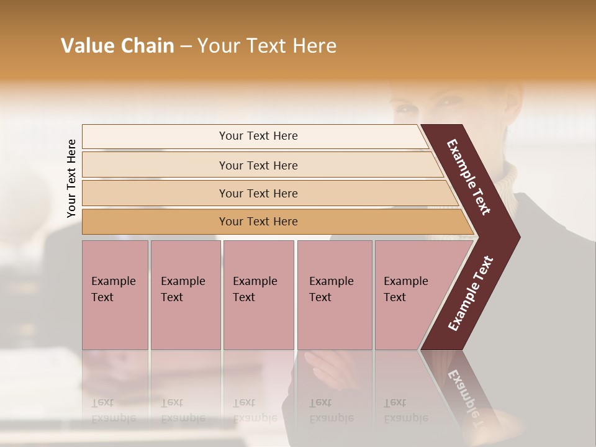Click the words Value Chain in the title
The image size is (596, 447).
click(x=117, y=46)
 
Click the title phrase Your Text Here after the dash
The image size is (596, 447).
click(x=267, y=46)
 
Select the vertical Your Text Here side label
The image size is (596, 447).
click(x=71, y=178)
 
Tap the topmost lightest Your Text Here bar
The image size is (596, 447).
click(x=258, y=136)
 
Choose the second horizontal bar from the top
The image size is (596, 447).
click(x=258, y=165)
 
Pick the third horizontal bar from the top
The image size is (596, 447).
click(x=258, y=193)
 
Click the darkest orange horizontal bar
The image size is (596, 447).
click(x=258, y=222)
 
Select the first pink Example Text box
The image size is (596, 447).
click(x=115, y=295)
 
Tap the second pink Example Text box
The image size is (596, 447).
click(x=185, y=295)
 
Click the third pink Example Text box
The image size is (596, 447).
click(x=258, y=295)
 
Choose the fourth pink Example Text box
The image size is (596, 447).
click(x=335, y=295)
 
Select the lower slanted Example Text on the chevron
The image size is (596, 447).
click(x=470, y=294)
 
